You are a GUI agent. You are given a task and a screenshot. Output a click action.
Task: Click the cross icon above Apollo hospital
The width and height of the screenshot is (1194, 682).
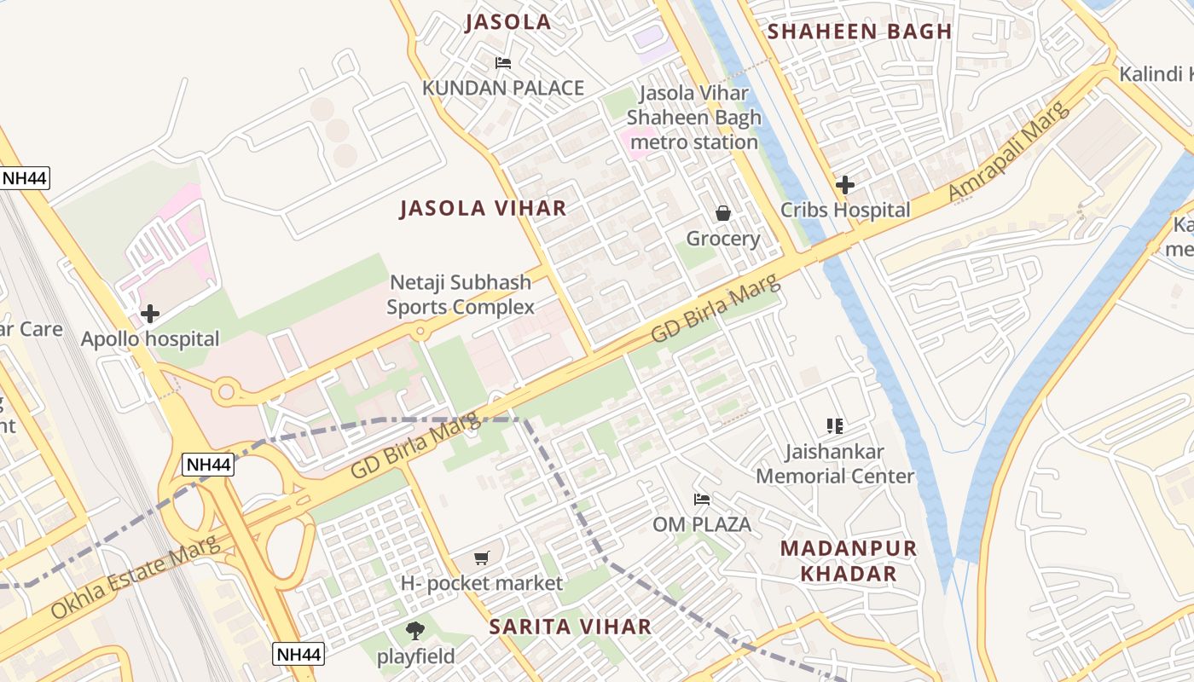(150, 314)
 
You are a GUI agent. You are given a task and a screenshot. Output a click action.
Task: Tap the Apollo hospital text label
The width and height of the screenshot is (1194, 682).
(150, 339)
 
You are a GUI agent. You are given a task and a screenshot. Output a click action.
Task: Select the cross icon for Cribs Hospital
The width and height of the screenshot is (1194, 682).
(845, 184)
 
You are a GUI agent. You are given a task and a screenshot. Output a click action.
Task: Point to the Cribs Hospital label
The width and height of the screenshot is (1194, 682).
(845, 210)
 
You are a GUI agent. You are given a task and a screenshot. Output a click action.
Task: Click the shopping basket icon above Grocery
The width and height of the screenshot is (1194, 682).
(723, 213)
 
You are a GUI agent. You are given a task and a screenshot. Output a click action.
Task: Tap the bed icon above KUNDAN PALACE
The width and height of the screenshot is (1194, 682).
(503, 63)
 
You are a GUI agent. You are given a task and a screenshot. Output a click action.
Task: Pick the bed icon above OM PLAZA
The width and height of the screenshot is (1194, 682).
(702, 499)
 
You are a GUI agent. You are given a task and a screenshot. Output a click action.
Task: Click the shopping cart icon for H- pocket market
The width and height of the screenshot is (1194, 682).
(482, 558)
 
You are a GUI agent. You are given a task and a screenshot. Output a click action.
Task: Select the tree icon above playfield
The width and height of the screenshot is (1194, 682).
(415, 631)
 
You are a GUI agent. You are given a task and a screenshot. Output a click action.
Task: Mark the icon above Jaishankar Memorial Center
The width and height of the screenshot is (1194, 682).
(835, 425)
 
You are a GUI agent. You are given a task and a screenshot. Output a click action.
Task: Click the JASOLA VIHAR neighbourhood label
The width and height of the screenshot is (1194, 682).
(483, 208)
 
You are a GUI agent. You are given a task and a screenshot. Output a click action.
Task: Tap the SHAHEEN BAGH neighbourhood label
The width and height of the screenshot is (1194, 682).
(859, 32)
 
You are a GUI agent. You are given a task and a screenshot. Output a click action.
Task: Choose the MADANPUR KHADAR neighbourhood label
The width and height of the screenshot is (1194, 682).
(849, 561)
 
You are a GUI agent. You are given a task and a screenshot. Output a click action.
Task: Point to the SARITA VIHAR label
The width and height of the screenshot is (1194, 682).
(570, 627)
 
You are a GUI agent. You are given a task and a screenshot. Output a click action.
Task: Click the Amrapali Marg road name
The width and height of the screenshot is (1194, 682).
(1008, 152)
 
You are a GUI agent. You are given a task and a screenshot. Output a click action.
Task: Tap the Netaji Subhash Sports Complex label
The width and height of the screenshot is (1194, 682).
(461, 295)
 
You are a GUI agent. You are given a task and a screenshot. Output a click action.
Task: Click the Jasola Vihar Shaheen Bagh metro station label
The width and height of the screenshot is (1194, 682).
(693, 118)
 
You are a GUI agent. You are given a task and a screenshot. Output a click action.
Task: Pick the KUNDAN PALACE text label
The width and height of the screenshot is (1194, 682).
(503, 89)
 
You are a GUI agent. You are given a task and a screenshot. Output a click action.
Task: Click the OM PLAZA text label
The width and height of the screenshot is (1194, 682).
(702, 524)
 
